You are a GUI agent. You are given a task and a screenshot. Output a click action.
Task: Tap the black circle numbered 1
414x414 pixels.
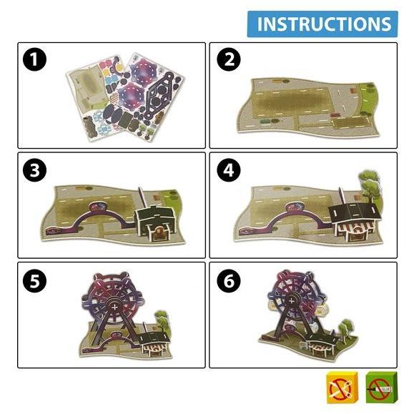tap(34, 59)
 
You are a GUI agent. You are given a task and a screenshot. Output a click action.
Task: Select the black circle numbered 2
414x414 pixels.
tap(229, 59)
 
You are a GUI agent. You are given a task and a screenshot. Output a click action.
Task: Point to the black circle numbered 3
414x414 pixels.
tap(34, 170)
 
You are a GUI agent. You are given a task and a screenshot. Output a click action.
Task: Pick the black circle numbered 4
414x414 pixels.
tap(229, 170)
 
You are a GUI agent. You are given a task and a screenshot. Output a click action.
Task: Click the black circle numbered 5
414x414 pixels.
tap(34, 281)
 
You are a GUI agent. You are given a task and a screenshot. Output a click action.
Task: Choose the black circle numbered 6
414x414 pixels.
tap(229, 281)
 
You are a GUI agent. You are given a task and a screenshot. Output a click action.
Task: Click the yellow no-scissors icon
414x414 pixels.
tap(342, 388)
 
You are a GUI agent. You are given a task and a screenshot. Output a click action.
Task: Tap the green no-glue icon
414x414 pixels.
tap(381, 388)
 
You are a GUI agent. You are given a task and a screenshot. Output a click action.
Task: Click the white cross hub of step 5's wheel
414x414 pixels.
tap(114, 307)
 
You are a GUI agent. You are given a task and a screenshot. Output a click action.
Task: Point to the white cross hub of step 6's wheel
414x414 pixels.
tap(291, 301)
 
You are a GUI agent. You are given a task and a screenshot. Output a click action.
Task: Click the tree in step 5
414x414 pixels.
tap(162, 322)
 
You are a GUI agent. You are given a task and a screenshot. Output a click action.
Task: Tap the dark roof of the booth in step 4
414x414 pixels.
tap(355, 213)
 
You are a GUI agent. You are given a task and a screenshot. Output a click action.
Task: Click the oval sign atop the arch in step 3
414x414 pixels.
tap(98, 207)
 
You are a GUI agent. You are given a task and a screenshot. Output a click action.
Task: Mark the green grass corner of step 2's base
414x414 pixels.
tap(369, 99)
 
